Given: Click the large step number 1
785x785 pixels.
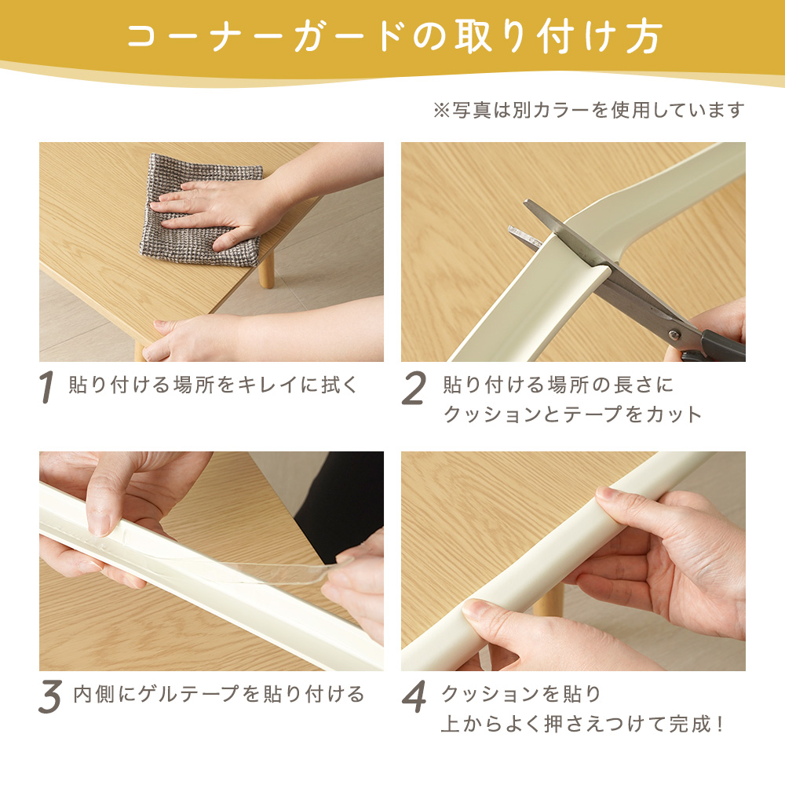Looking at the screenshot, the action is [x=46, y=386].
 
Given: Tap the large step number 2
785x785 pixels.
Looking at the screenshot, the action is [x=414, y=388].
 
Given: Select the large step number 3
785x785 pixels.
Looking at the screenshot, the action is [x=50, y=696].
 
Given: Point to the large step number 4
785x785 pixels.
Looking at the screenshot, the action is [x=414, y=696].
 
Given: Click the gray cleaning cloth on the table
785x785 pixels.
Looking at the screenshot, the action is [x=200, y=210].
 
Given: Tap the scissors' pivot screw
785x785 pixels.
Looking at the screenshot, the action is [x=674, y=334].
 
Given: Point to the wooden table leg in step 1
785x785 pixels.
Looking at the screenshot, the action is [x=266, y=269].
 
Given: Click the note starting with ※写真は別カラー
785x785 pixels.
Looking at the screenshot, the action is [x=589, y=110].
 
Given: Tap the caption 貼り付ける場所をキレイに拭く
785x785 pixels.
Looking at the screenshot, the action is [x=214, y=385].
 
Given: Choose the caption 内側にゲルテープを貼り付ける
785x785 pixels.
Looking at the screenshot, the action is [x=219, y=695].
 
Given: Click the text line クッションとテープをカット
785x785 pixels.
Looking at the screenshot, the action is [x=573, y=414].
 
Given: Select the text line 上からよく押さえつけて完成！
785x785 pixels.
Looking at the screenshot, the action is [x=582, y=724].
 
